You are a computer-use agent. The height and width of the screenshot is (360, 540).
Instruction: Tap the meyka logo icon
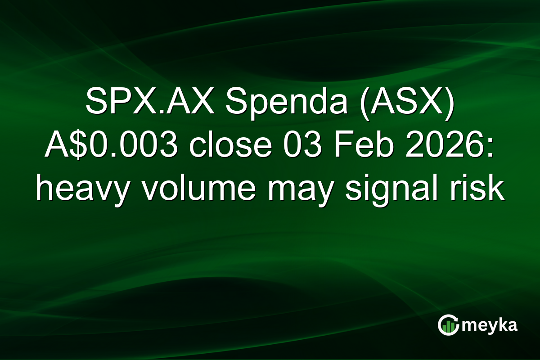448,325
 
